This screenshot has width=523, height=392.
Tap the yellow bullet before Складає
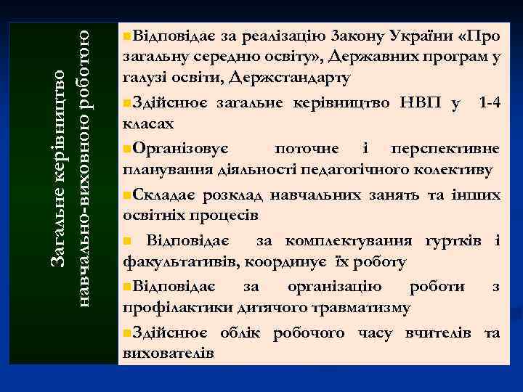point(128,195)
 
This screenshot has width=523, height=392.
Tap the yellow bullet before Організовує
point(128,149)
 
